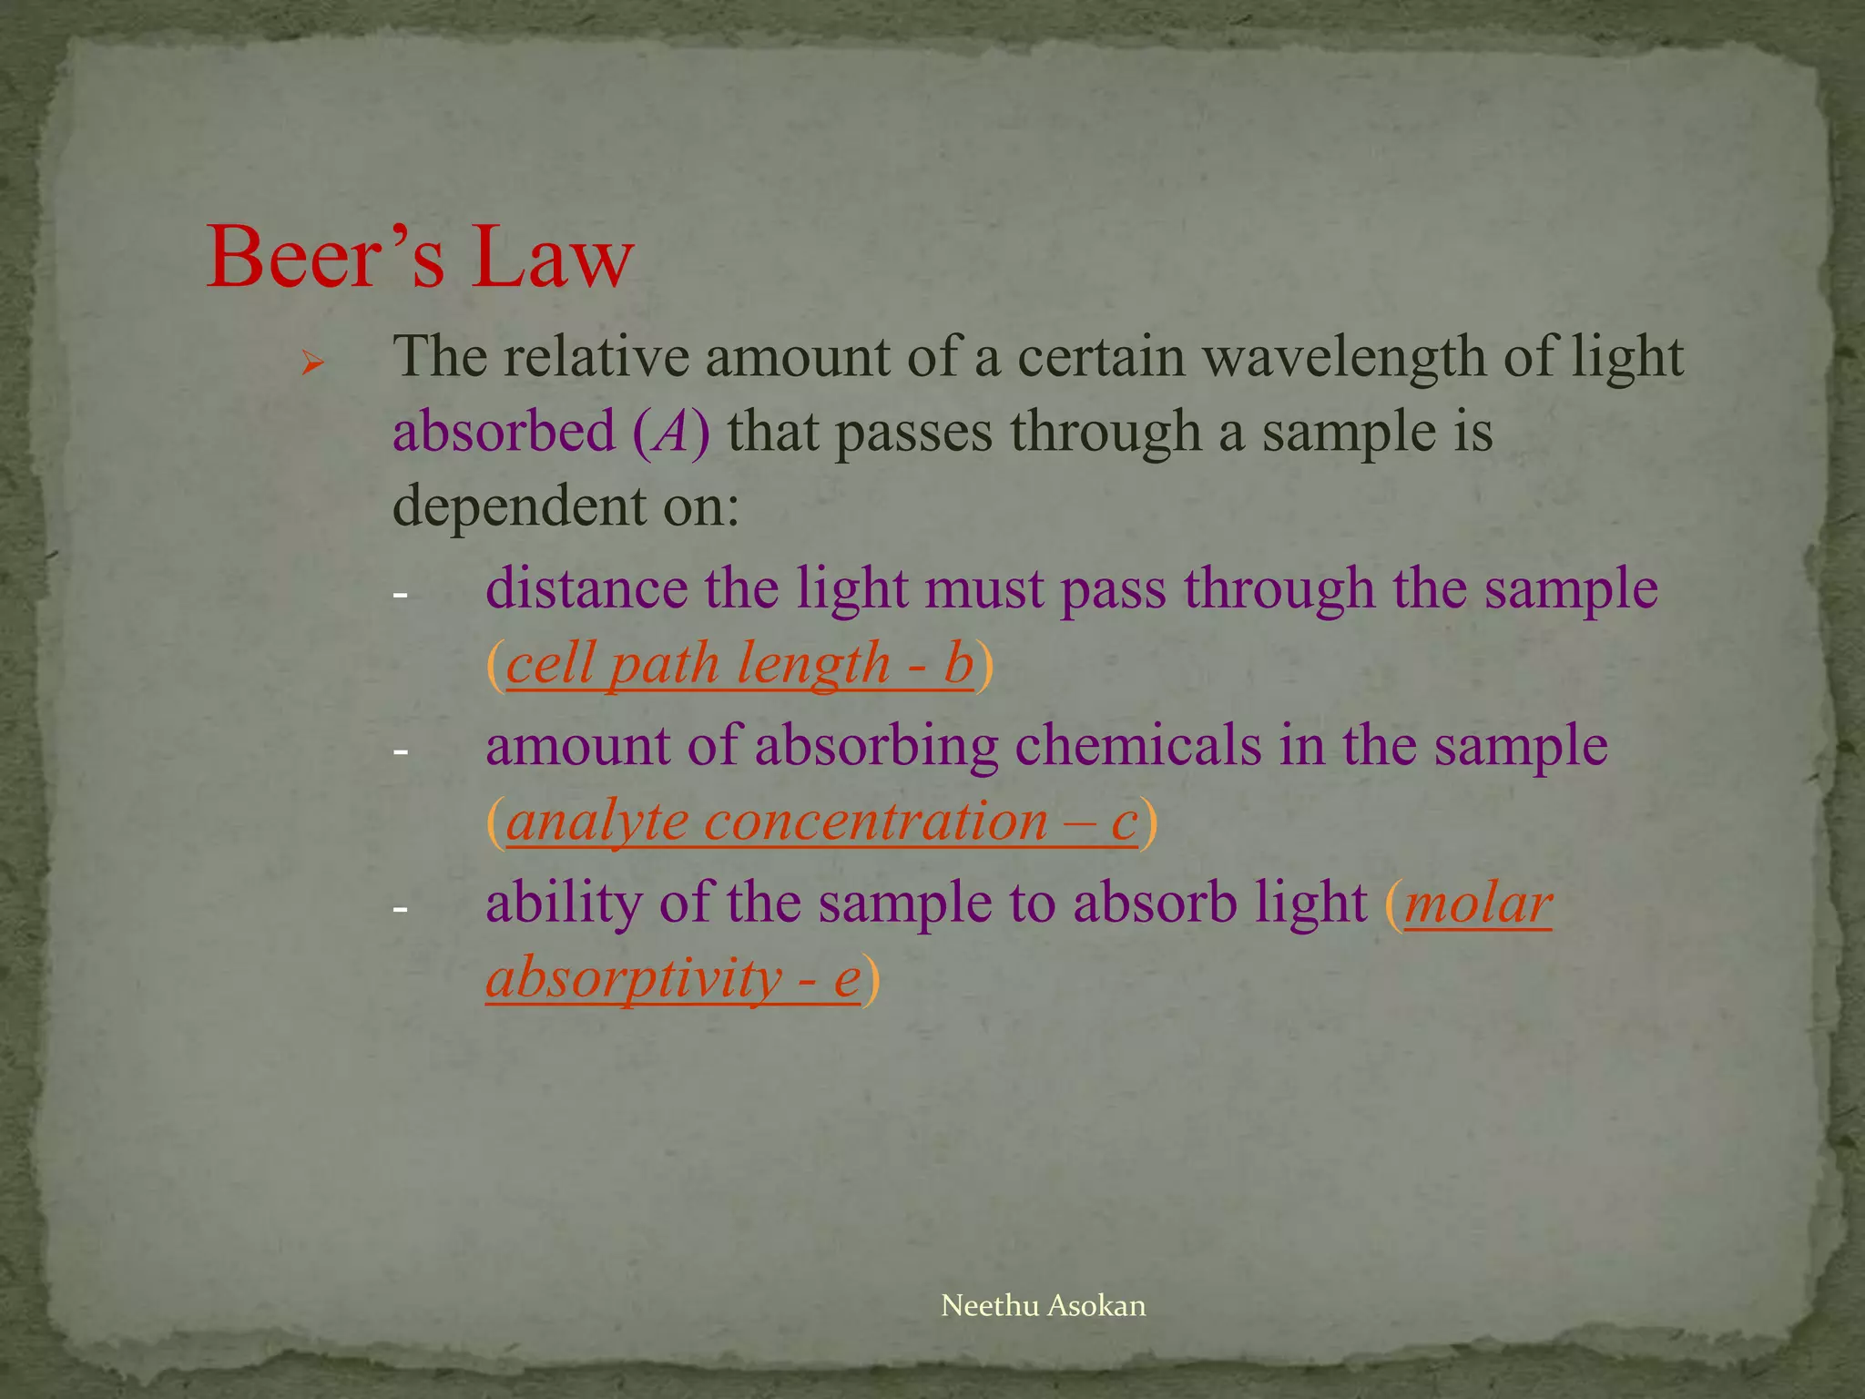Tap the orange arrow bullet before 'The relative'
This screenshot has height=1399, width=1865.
pyautogui.click(x=312, y=366)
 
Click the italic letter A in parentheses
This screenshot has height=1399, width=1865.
pyautogui.click(x=671, y=433)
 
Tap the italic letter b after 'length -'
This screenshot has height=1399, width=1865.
pyautogui.click(x=958, y=663)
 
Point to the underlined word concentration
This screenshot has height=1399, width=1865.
pyautogui.click(x=876, y=821)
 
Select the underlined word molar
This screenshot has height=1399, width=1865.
pyautogui.click(x=1477, y=904)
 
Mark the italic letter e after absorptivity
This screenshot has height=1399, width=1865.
pyautogui.click(x=847, y=979)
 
